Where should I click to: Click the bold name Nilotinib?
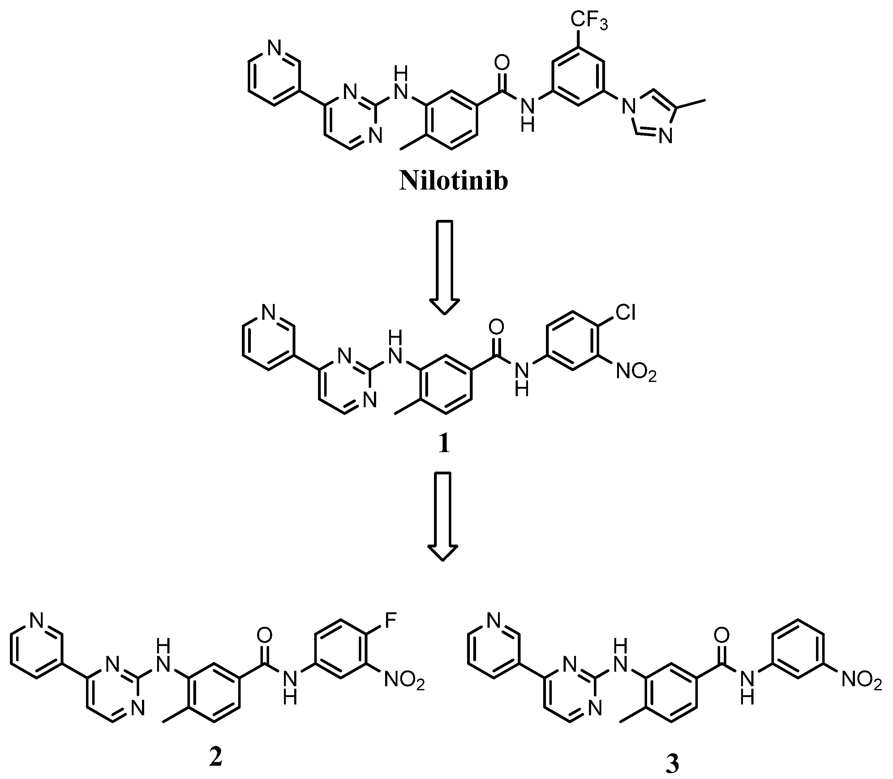(x=453, y=181)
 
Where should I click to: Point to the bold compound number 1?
(x=444, y=444)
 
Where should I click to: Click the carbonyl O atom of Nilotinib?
(x=502, y=62)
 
